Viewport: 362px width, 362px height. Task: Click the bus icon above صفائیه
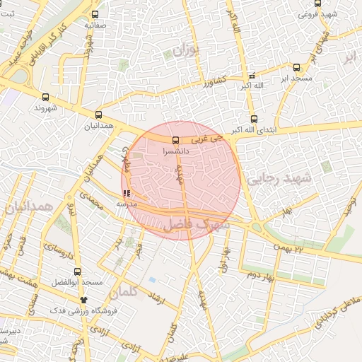(95, 13)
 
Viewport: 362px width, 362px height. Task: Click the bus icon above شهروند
(46, 98)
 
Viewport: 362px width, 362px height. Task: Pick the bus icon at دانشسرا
(175, 141)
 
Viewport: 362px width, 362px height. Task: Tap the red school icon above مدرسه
(127, 192)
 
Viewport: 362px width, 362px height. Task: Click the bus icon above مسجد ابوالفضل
(84, 270)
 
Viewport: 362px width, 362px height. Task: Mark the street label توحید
(348, 206)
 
